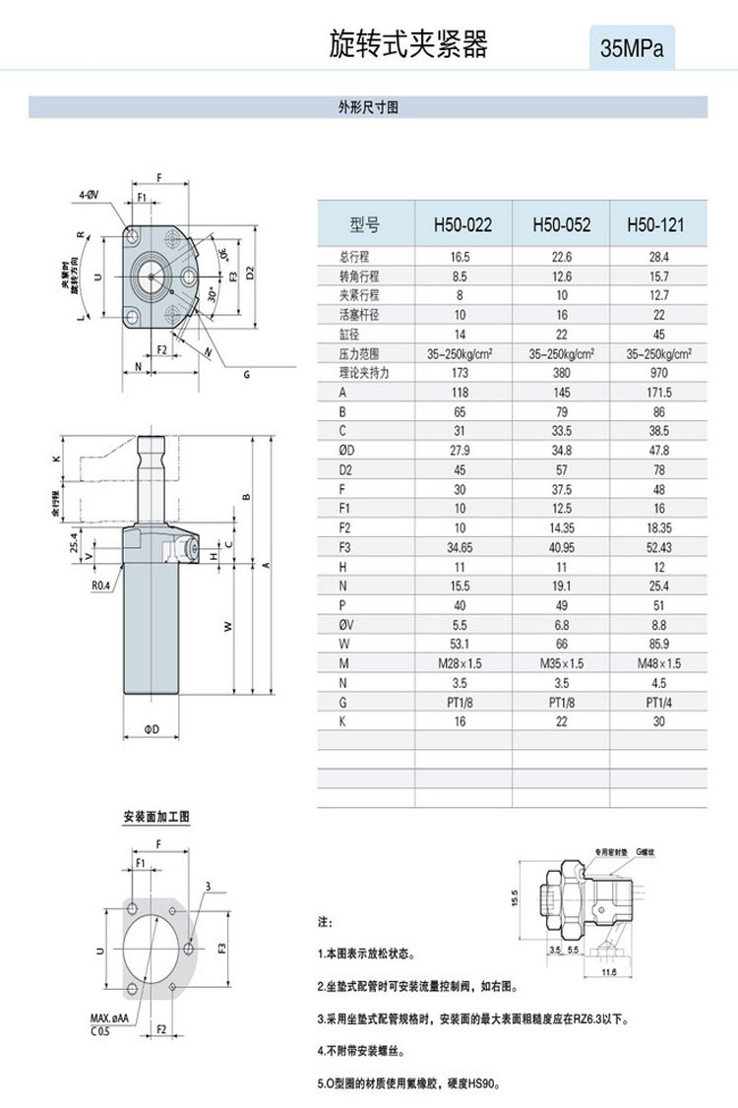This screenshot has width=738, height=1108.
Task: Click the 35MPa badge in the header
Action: tap(632, 47)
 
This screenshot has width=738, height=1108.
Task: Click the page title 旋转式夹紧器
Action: tap(407, 43)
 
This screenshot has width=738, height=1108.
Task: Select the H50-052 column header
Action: tap(561, 225)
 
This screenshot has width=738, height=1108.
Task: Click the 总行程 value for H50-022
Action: tap(462, 257)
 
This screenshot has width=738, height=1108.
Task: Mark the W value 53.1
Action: tap(462, 644)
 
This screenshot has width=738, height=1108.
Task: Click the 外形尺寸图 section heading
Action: tap(368, 107)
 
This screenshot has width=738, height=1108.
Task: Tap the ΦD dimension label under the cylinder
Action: tap(153, 728)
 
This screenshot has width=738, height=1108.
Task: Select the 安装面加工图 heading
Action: tap(155, 817)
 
